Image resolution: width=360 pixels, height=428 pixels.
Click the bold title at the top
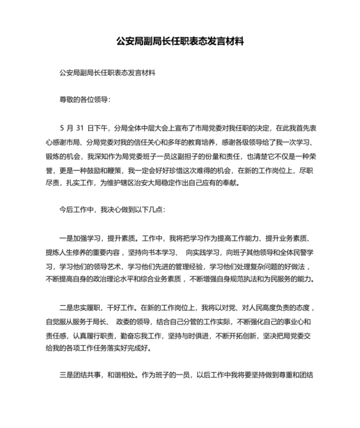point(180,42)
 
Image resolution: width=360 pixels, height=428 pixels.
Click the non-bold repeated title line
point(107,73)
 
